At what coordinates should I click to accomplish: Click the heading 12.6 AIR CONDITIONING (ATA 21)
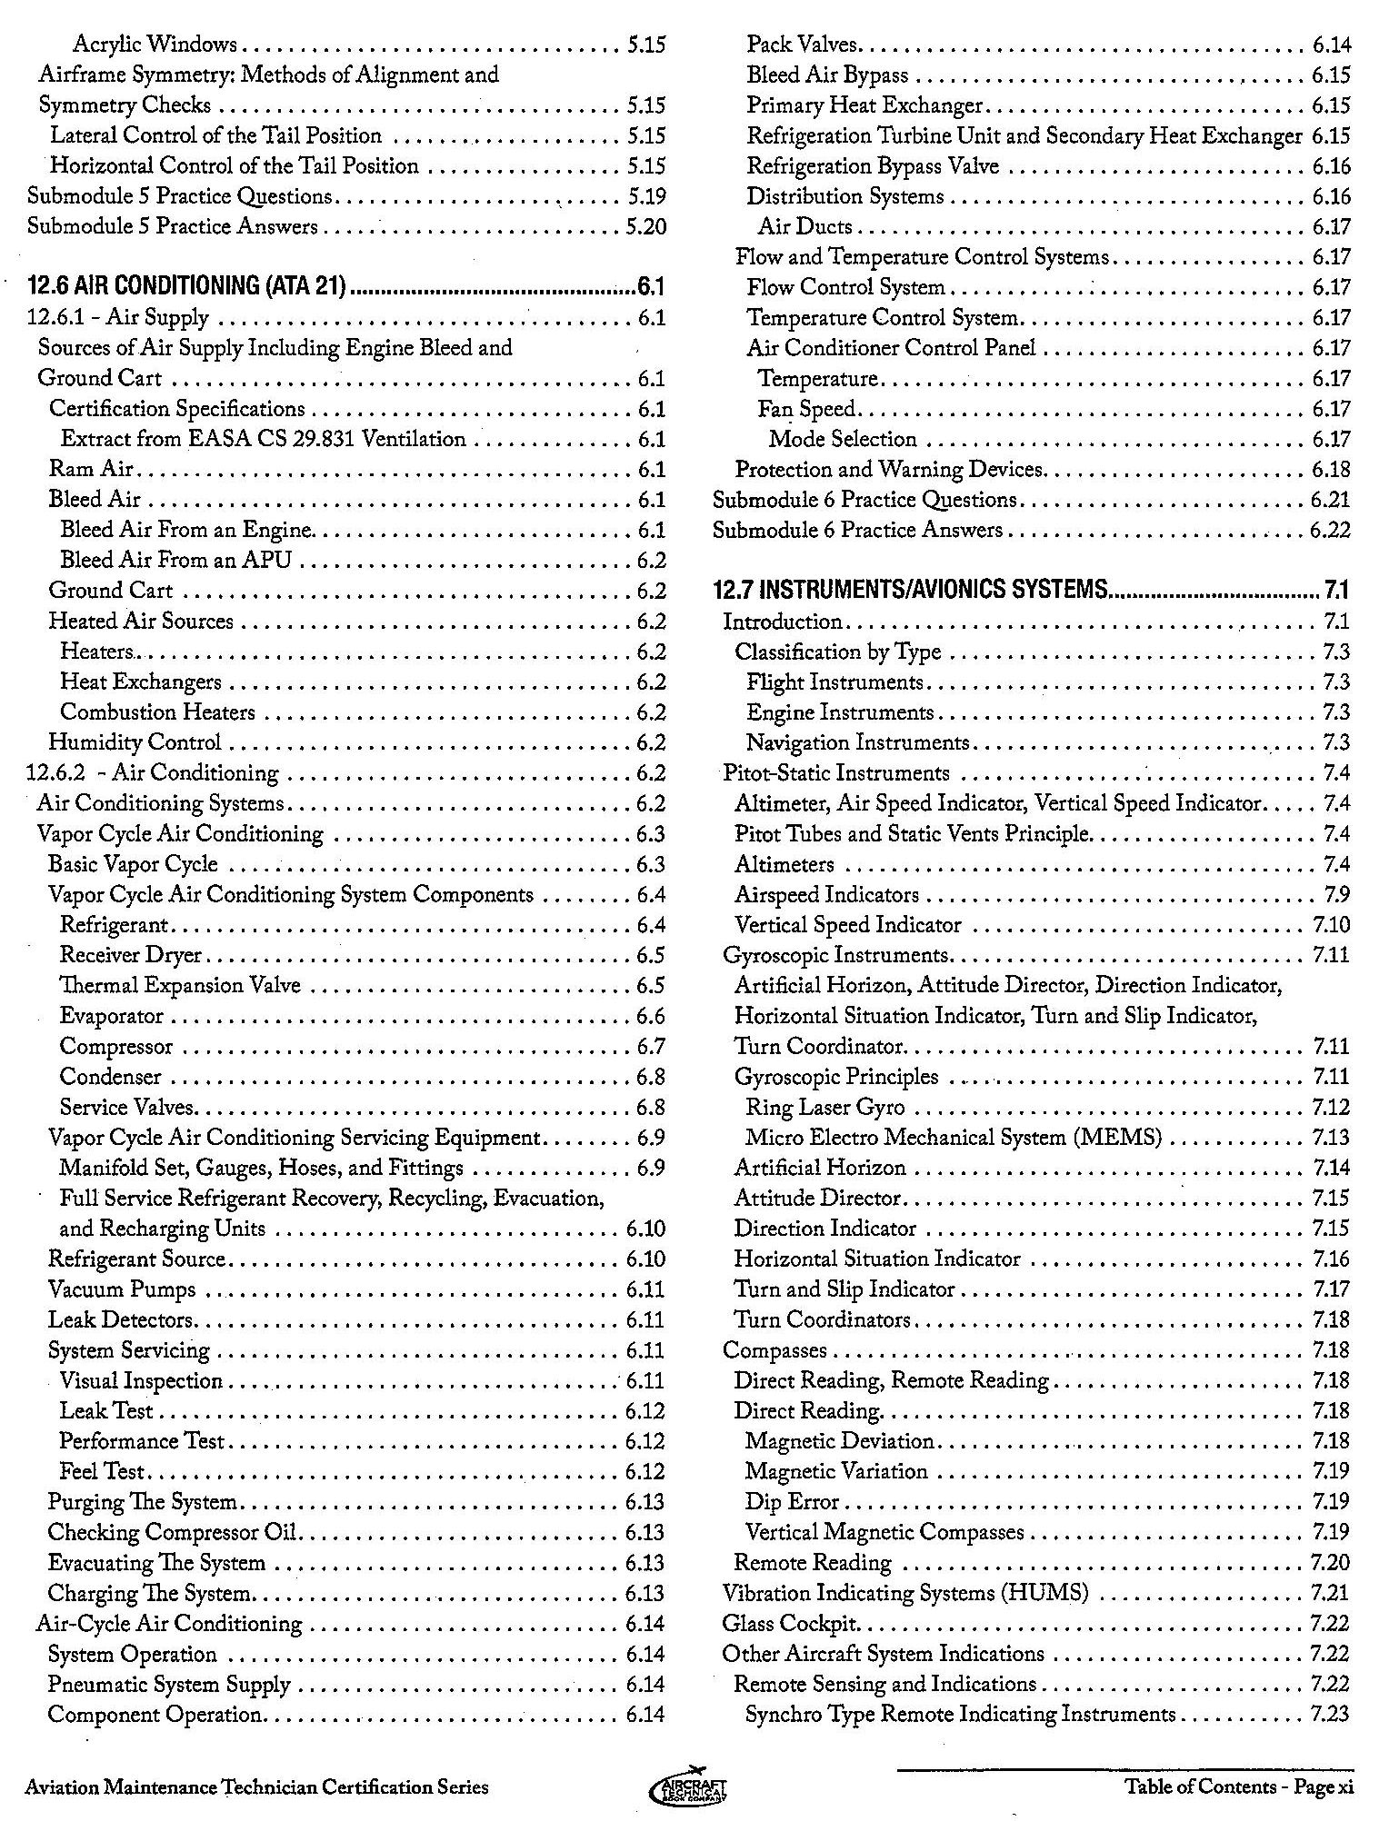point(187,287)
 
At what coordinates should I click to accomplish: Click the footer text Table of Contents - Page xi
point(1239,1786)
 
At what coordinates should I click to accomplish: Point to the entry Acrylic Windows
point(155,44)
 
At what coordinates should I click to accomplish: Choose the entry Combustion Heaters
point(157,712)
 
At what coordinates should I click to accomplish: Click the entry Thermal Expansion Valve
point(180,986)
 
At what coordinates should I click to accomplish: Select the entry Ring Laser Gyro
point(825,1108)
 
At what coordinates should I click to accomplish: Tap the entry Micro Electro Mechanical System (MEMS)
point(954,1138)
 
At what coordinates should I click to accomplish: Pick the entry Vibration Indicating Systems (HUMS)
point(905,1593)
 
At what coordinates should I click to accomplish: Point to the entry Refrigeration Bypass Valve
point(873,166)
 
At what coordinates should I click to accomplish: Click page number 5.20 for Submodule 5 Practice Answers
point(646,226)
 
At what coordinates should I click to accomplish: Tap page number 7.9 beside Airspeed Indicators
point(1336,895)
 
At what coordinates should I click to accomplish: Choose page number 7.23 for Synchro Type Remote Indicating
point(1330,1715)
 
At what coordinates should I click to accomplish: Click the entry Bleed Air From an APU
point(175,560)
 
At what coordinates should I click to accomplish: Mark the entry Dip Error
point(792,1502)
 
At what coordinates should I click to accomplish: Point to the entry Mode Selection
point(843,439)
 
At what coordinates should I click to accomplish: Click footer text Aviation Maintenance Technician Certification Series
point(257,1786)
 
